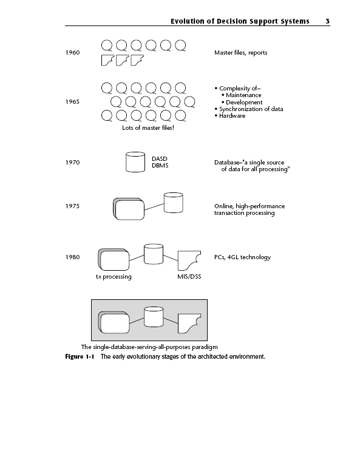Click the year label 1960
pyautogui.click(x=72, y=53)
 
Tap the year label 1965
pyautogui.click(x=72, y=102)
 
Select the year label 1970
pyautogui.click(x=72, y=163)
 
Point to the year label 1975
pyautogui.click(x=72, y=206)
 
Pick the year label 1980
pyautogui.click(x=72, y=257)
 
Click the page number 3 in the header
pyautogui.click(x=327, y=21)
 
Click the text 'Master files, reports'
pyautogui.click(x=240, y=53)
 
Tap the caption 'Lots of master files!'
pyautogui.click(x=148, y=128)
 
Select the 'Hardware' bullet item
pyautogui.click(x=233, y=116)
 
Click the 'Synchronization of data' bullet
pyautogui.click(x=251, y=109)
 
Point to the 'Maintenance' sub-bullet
pyautogui.click(x=243, y=95)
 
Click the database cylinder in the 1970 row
pyautogui.click(x=135, y=162)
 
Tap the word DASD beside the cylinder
pyautogui.click(x=160, y=159)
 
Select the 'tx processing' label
pyautogui.click(x=114, y=277)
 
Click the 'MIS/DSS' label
pyautogui.click(x=189, y=277)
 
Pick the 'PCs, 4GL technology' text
pyautogui.click(x=242, y=257)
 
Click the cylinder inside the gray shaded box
pyautogui.click(x=154, y=317)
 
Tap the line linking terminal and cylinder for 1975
pyautogui.click(x=154, y=207)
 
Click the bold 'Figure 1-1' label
pyautogui.click(x=80, y=357)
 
